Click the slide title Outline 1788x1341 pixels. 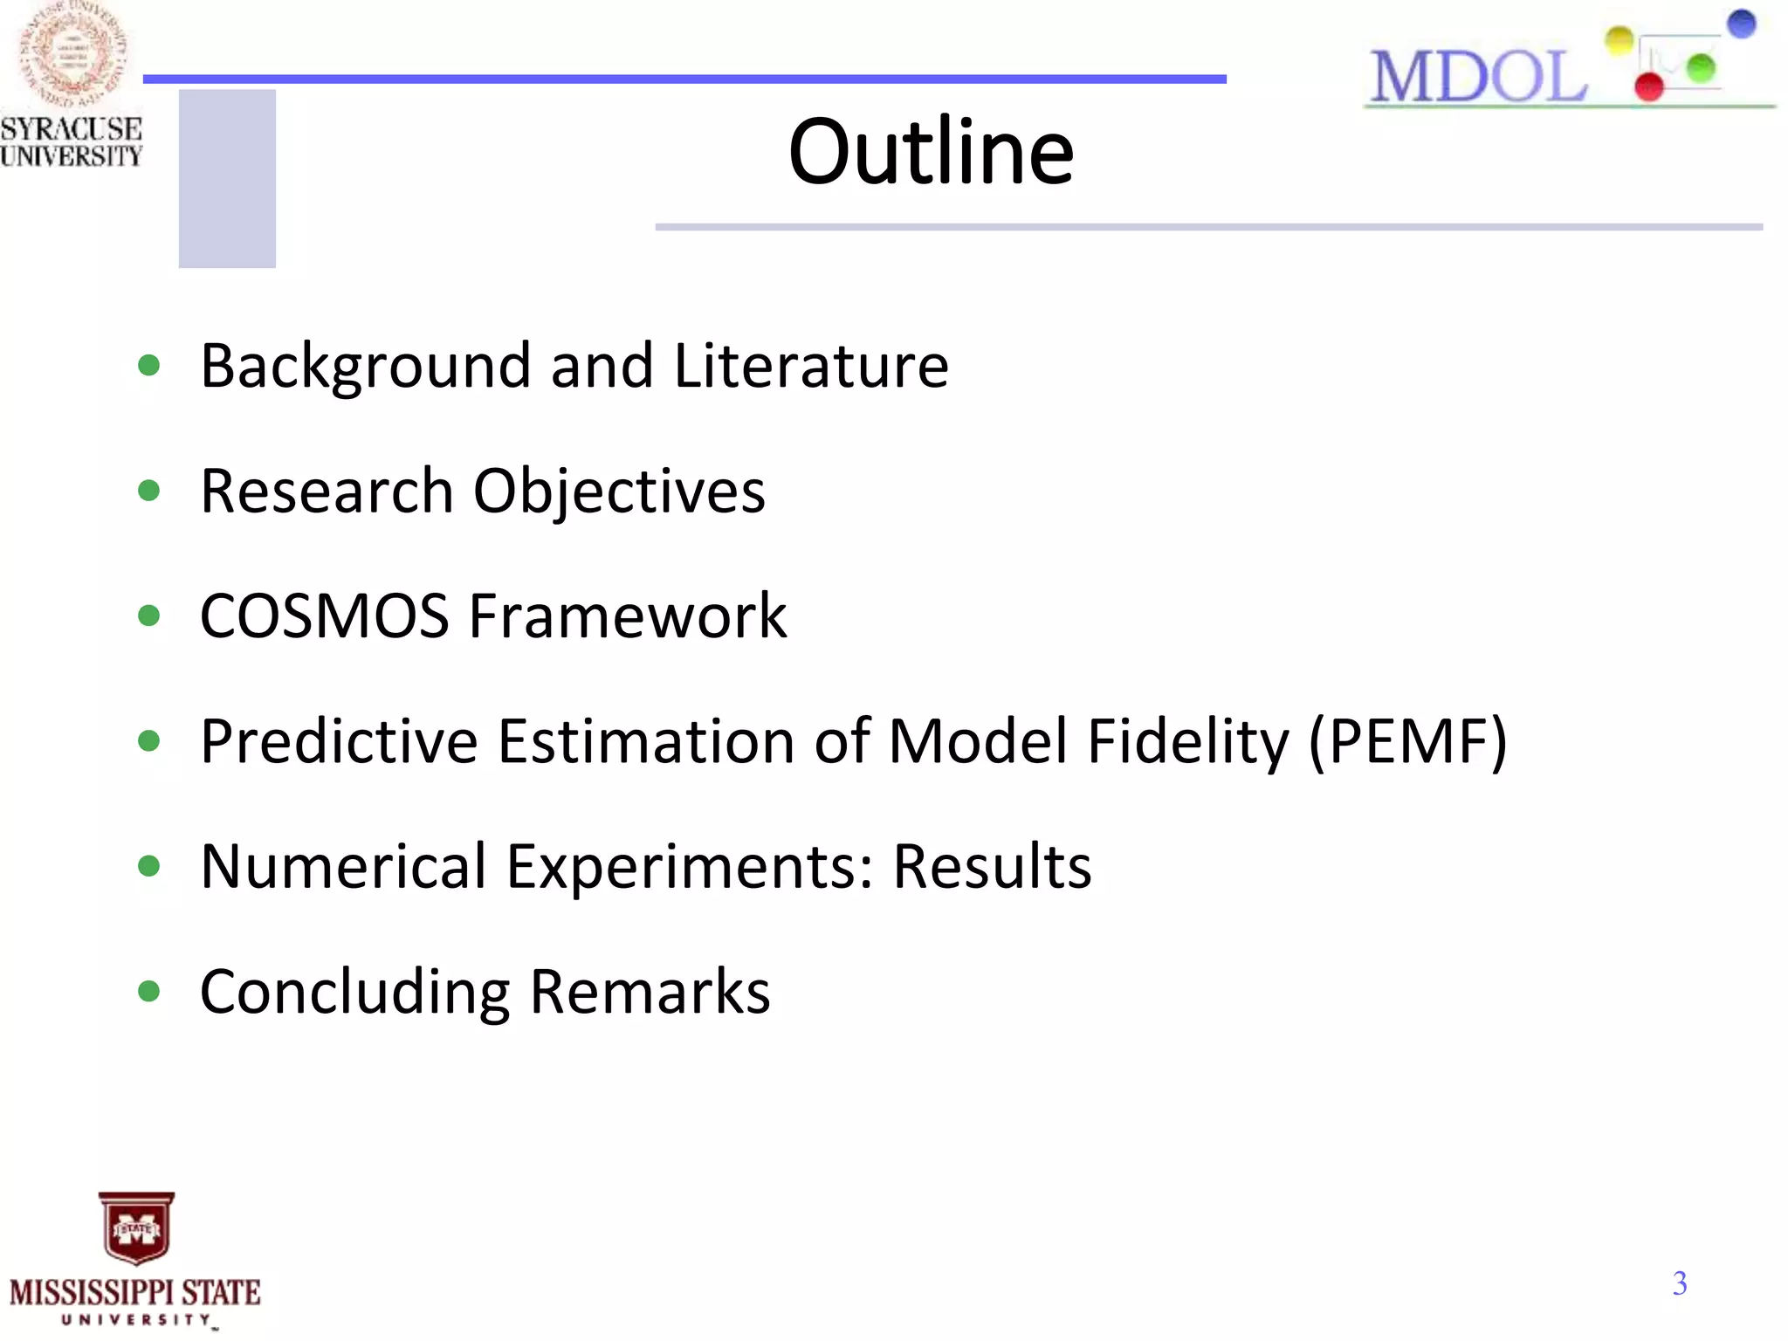click(931, 153)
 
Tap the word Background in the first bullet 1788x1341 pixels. click(365, 366)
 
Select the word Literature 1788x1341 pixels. click(811, 366)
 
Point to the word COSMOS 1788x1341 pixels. click(324, 616)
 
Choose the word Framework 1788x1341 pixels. click(628, 616)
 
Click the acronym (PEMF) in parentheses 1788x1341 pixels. click(1407, 742)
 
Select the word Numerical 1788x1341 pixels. click(343, 867)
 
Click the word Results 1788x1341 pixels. click(992, 867)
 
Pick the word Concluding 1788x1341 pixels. click(354, 993)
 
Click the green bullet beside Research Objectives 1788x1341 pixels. click(149, 491)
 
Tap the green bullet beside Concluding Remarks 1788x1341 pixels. click(149, 992)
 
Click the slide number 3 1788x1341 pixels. click(1680, 1283)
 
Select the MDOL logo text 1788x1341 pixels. click(1477, 77)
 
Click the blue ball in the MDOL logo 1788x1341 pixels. click(1741, 24)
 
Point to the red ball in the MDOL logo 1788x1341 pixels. click(1648, 86)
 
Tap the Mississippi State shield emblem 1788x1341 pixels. click(136, 1228)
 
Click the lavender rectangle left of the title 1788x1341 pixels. click(227, 178)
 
